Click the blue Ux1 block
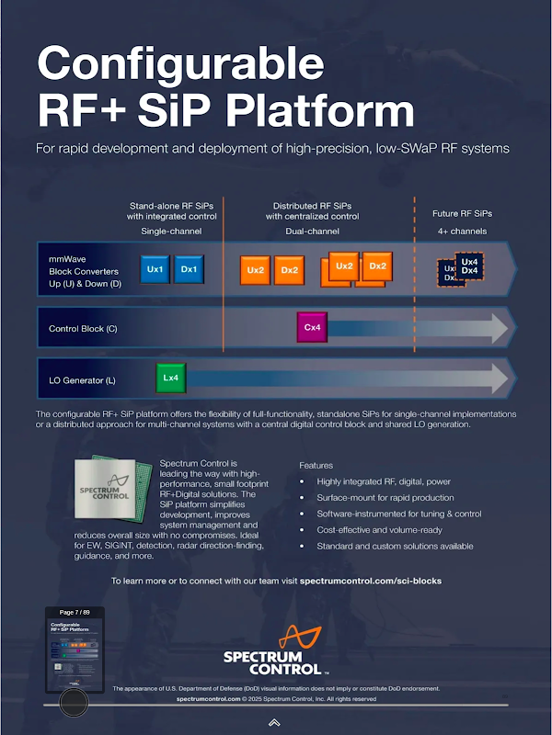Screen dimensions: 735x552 [155, 269]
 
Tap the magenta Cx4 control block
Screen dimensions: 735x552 [312, 327]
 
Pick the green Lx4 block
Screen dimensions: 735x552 [170, 378]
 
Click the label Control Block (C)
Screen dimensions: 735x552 [83, 328]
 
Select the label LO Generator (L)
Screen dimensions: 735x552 [82, 379]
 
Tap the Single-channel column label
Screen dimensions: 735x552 [171, 232]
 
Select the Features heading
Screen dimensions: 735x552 [316, 466]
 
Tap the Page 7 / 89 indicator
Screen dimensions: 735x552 [74, 612]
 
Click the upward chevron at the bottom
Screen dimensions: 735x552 [274, 723]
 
